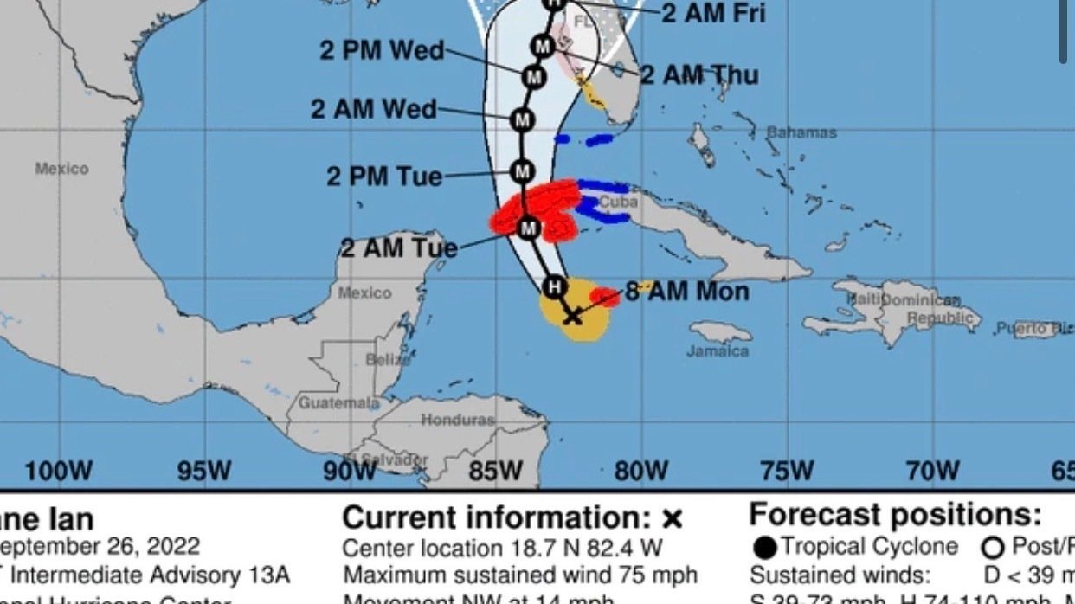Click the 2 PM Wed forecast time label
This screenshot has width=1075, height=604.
point(382,50)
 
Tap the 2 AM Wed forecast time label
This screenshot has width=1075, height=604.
point(374,110)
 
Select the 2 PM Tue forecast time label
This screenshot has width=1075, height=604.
point(384,177)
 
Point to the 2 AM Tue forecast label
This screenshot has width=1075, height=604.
point(398,248)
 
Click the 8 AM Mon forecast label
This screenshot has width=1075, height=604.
point(687,292)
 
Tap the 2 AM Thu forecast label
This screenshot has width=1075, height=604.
point(699,75)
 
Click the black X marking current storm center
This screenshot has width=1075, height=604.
point(572,317)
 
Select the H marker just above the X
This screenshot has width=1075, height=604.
point(553,286)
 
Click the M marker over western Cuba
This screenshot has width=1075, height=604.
point(528,228)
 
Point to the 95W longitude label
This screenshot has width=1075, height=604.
point(204,471)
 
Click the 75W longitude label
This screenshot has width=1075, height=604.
point(786,471)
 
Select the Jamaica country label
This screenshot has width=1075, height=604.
point(718,351)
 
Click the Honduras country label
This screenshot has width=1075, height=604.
point(458,420)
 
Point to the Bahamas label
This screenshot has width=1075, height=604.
point(801,132)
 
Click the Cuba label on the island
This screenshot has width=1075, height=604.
point(618,202)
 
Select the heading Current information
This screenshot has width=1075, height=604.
point(512,517)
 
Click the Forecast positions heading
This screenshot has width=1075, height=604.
point(895,515)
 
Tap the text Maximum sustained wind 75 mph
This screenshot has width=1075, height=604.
point(519,575)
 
